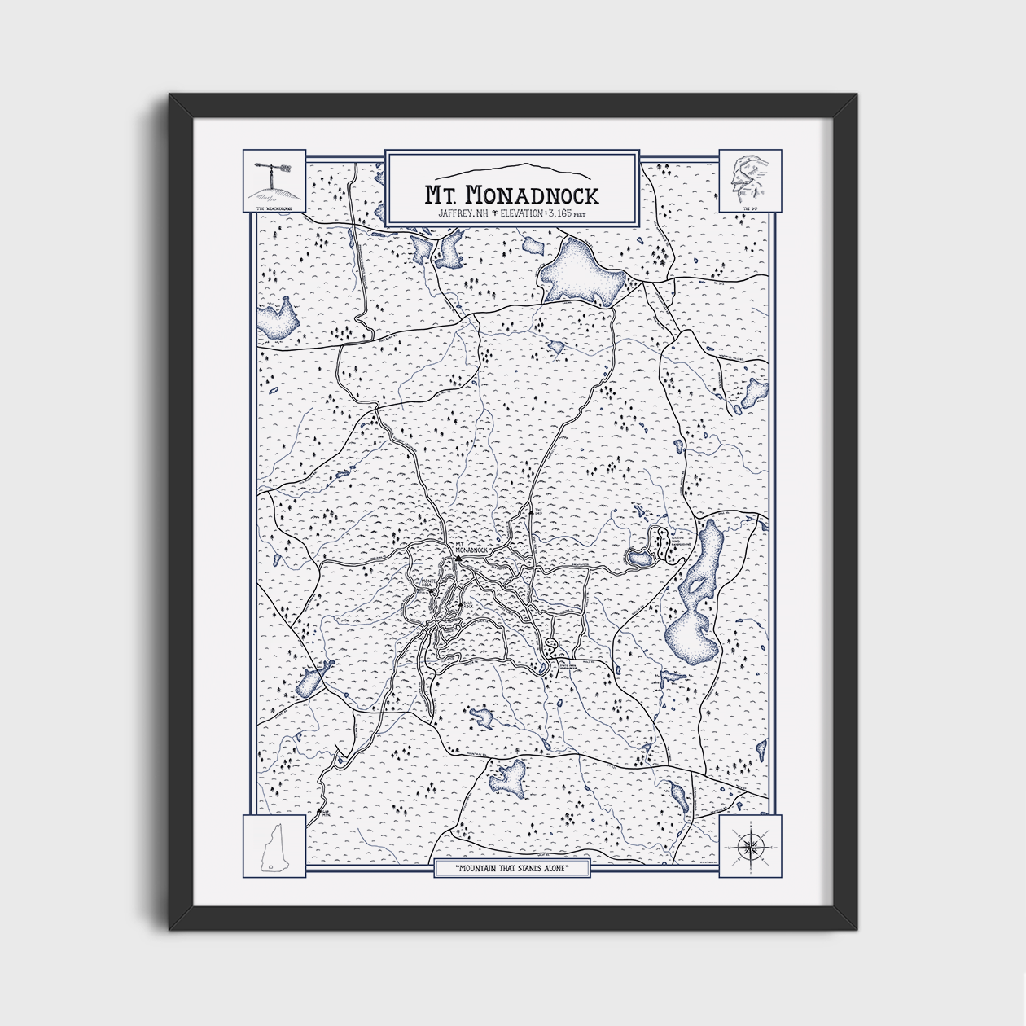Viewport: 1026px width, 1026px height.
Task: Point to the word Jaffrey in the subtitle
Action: [454, 213]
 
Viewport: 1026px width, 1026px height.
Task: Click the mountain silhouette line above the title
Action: [511, 172]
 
